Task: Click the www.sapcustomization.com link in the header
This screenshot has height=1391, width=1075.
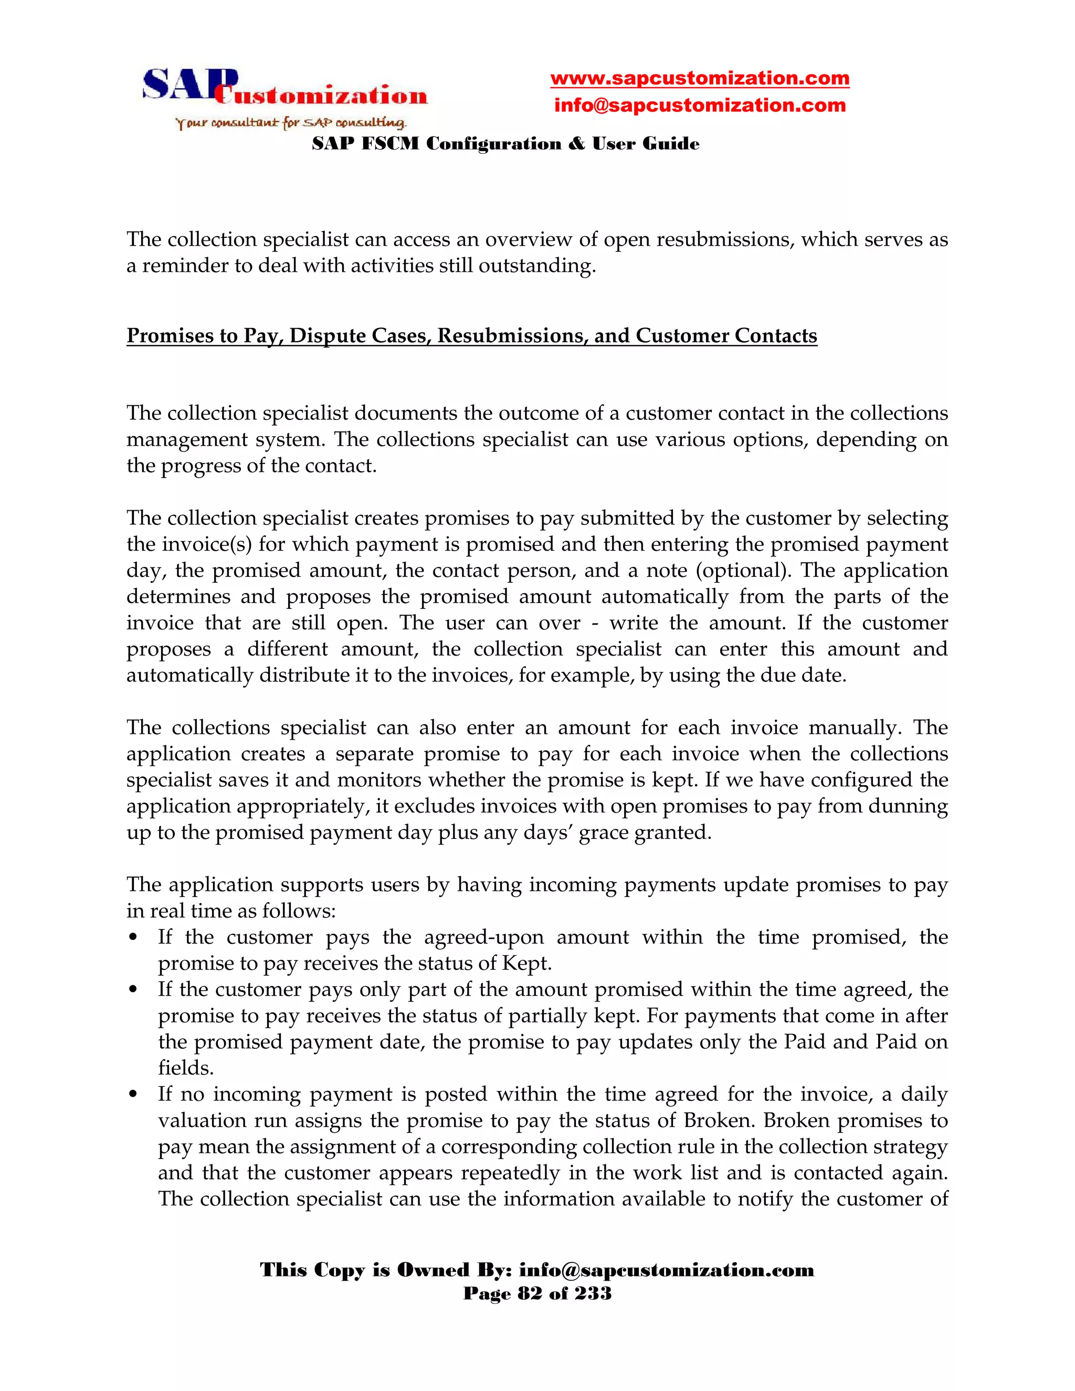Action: [699, 78]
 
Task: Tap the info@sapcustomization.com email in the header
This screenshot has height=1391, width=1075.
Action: [699, 105]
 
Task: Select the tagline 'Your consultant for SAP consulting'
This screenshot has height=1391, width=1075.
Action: [290, 123]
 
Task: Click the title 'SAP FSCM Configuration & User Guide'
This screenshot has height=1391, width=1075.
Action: [505, 144]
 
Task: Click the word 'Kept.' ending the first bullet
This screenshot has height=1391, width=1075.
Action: [526, 963]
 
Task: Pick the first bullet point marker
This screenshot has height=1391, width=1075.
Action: [133, 937]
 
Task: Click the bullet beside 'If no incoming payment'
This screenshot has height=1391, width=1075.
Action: [133, 1095]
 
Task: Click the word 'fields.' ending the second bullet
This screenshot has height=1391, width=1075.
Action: [186, 1068]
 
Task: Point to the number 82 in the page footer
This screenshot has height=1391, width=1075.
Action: [531, 1293]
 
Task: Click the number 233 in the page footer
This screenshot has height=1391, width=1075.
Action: [593, 1293]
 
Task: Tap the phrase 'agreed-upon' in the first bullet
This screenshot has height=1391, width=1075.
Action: [484, 937]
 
